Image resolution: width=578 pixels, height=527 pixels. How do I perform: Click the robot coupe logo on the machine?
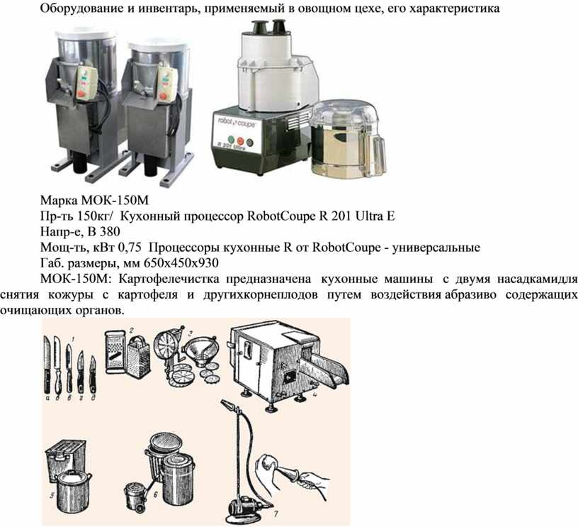[237, 123]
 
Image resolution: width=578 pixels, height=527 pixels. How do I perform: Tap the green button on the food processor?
[231, 140]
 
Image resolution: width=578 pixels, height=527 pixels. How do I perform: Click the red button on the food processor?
[240, 141]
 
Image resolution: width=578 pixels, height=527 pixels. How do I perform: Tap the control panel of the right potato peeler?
[167, 84]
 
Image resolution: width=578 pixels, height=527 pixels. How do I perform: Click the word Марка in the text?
[59, 201]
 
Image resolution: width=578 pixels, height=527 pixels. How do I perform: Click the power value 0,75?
[130, 247]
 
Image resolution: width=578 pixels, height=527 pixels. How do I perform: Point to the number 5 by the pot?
[52, 495]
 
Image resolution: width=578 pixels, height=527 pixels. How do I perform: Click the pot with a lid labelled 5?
[74, 492]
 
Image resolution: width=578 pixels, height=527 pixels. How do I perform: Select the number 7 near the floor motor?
[276, 513]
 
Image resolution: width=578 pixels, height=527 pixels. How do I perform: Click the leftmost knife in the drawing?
[47, 365]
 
